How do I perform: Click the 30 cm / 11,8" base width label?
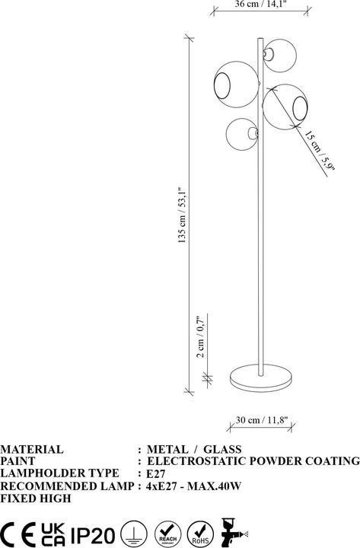[261, 418]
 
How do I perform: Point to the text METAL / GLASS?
[194, 450]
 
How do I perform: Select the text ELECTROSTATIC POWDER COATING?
[253, 461]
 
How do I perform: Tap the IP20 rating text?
[93, 532]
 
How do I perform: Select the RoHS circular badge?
[199, 532]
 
